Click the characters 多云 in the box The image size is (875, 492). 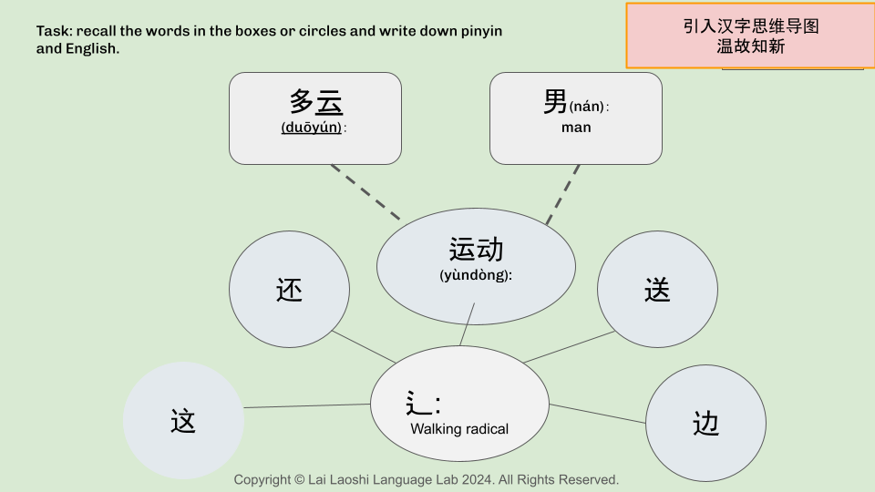pos(315,101)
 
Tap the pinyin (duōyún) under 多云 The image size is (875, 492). pos(312,128)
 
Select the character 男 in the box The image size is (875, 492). pos(555,102)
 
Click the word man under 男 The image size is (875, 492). pos(576,128)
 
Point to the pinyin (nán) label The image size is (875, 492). pos(588,107)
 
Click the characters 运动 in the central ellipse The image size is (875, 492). pos(476,249)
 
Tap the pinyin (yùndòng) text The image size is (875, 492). pos(476,274)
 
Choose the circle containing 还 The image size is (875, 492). pos(289,290)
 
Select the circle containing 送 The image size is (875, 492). pos(657,290)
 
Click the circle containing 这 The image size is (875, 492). pos(183,421)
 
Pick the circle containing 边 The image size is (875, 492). pos(705,423)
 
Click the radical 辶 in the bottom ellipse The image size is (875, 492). pos(418,403)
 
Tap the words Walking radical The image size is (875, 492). pos(459,429)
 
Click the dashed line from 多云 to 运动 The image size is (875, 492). pos(365,192)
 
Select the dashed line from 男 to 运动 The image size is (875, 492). pos(563,193)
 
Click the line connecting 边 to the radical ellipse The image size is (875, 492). pos(597,414)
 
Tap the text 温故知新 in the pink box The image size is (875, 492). pos(750,46)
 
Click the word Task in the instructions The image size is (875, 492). pos(52,31)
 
